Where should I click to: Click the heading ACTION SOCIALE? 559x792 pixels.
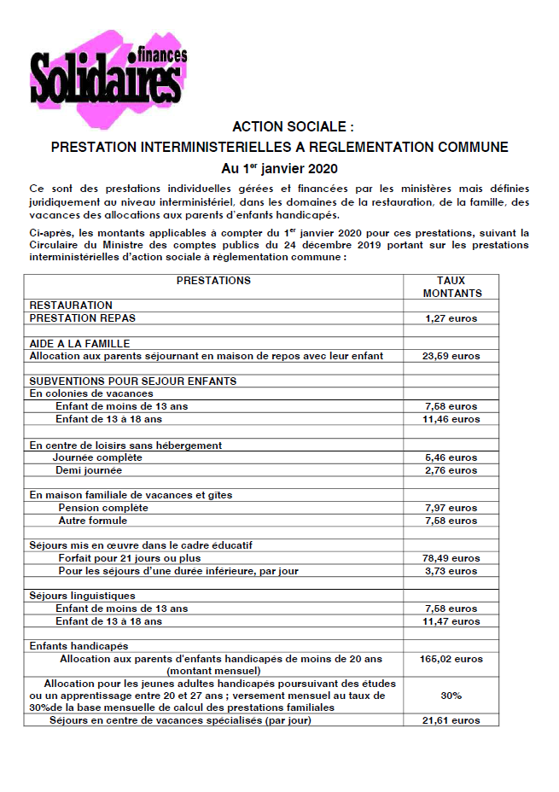(x=280, y=127)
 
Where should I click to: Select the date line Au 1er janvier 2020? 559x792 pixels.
(x=279, y=167)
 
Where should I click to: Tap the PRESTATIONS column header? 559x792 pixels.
(x=213, y=281)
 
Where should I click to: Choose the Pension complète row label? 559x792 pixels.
(x=102, y=508)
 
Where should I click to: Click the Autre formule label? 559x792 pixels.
(x=92, y=521)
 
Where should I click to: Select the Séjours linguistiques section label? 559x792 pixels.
(x=82, y=596)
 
